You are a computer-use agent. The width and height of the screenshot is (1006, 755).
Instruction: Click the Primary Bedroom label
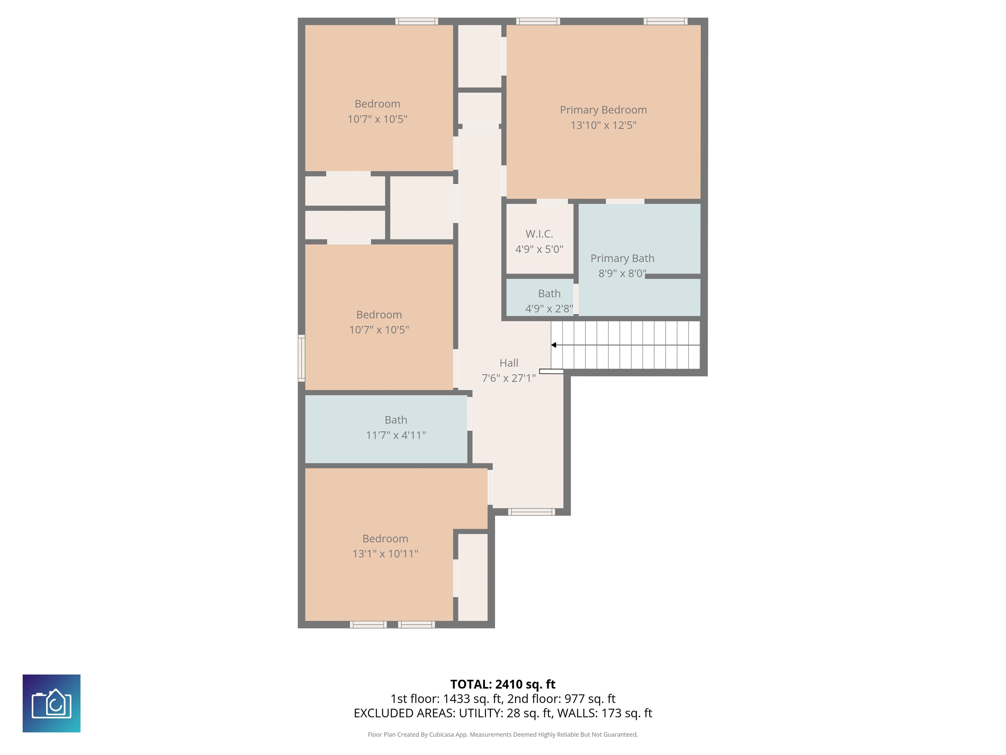[603, 110]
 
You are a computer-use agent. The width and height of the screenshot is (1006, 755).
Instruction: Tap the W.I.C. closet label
[539, 234]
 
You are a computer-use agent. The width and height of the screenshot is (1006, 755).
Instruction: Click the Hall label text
[509, 363]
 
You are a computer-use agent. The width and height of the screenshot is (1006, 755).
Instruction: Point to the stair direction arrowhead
[553, 345]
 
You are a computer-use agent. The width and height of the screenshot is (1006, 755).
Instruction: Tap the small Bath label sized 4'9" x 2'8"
[550, 294]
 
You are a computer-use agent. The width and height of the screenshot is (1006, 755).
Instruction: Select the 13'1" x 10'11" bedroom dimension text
[385, 554]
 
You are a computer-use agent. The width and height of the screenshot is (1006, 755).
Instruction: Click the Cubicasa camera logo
[51, 703]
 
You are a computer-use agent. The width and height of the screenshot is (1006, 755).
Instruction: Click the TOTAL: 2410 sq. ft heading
[503, 685]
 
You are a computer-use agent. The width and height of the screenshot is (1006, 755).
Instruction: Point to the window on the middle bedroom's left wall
[301, 358]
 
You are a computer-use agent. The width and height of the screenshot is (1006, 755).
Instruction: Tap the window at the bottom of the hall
[531, 512]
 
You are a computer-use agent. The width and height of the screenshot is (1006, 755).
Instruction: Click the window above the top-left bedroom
[417, 21]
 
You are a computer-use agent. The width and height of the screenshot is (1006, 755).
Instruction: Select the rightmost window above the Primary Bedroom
[665, 21]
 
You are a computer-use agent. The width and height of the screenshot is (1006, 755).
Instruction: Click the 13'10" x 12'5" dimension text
[603, 125]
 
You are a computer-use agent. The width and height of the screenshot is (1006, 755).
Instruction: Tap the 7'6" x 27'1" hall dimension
[509, 378]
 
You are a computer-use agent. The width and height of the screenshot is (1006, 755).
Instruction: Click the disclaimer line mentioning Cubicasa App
[503, 735]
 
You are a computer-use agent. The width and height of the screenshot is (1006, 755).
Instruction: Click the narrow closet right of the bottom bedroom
[473, 577]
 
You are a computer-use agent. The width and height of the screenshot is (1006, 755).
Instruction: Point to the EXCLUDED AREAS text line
[503, 713]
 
